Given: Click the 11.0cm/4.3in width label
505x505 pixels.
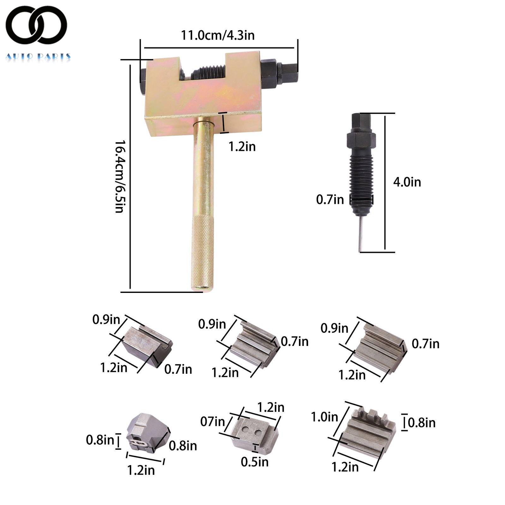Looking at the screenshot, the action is point(217,35).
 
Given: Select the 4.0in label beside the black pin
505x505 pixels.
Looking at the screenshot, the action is point(407,182).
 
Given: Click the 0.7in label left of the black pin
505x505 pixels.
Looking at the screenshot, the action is point(330,199).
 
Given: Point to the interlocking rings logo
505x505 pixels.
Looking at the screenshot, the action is point(36,25).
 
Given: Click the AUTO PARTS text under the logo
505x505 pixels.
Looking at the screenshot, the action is point(38,57).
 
